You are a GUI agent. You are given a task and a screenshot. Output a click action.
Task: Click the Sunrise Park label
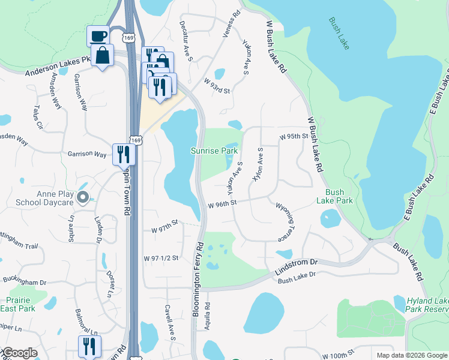coord(214,151)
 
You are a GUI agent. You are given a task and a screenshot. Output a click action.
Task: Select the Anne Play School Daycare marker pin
coord(83,196)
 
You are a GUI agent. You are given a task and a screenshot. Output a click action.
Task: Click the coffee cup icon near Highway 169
coord(97,35)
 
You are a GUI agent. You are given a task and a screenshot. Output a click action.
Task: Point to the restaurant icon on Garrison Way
coord(124,154)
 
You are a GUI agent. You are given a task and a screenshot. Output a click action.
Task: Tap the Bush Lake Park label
coord(335,196)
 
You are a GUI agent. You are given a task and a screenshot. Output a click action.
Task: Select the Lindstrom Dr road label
coord(296,263)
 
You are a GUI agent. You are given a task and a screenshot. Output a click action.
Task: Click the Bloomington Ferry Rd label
coord(197,280)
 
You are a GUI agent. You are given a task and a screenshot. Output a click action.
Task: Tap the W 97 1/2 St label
coord(161,258)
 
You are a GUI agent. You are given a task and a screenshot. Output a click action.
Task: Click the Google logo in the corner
coord(19,353)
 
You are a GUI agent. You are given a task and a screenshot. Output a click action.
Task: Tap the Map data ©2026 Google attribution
coord(412,355)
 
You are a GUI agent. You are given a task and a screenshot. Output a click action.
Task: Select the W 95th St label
coord(294,137)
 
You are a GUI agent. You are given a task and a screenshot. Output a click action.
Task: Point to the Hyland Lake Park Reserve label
coord(427,304)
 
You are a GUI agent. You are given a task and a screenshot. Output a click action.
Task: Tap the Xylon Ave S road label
coord(259,164)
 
